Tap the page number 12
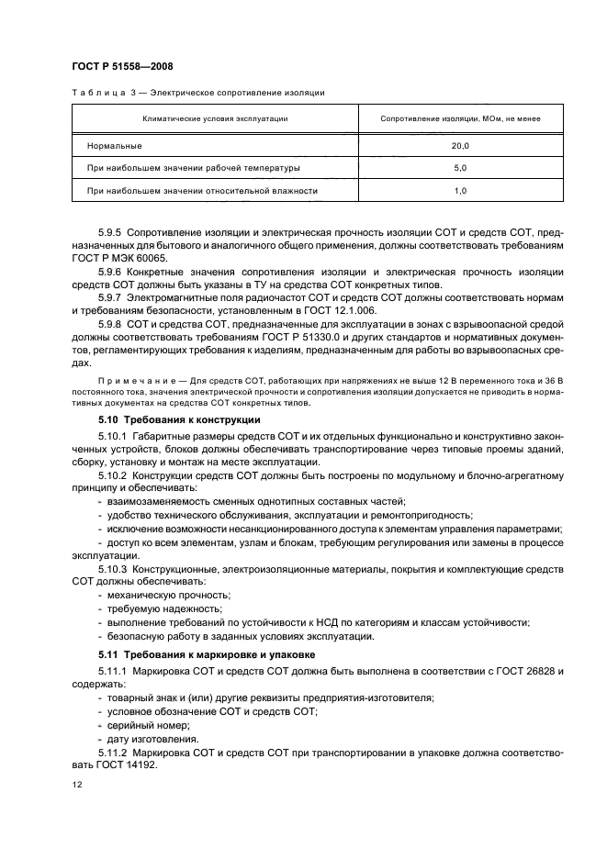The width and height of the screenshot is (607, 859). (77, 786)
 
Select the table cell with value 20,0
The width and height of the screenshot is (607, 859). (459, 146)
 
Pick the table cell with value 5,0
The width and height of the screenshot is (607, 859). (459, 169)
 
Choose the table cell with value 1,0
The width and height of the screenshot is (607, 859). (459, 191)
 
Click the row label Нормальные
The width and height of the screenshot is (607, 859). (114, 146)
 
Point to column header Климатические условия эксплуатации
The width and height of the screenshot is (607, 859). (215, 119)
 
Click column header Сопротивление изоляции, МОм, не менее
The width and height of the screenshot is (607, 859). (459, 119)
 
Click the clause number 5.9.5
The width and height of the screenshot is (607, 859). (114, 233)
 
